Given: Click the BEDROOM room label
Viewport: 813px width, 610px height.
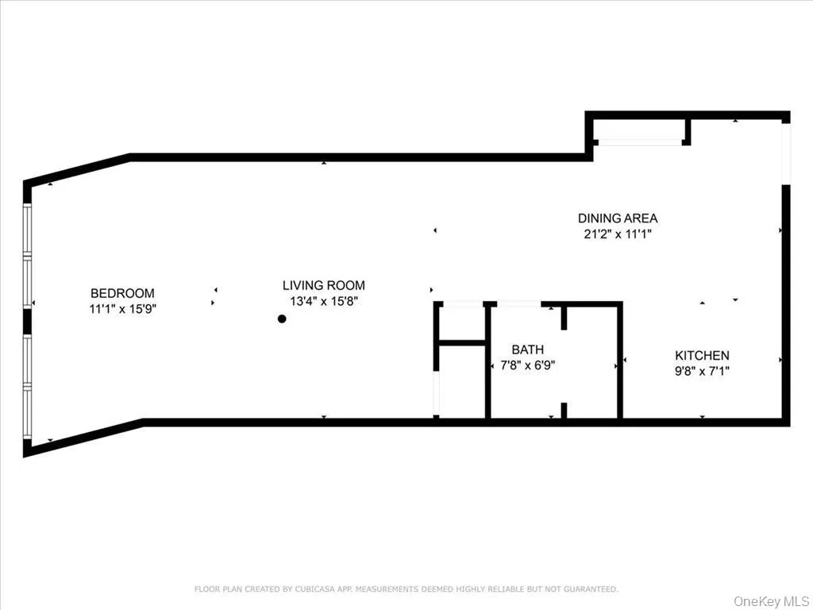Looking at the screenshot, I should tap(122, 293).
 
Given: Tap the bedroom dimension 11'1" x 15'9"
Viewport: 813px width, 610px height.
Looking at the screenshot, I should tap(122, 309).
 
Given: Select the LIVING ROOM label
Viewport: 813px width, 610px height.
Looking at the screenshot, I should tap(324, 285).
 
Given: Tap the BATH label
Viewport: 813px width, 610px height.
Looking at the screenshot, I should tap(527, 349).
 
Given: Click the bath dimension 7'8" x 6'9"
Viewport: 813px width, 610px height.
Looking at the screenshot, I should tap(527, 365).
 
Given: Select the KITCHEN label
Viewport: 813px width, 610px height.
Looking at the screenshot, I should tap(702, 356).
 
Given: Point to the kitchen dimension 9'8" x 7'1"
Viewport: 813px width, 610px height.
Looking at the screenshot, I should tap(702, 371).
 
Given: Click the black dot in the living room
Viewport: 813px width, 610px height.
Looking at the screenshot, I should tap(281, 319).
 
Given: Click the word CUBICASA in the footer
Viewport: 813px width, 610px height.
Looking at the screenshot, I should tap(309, 589).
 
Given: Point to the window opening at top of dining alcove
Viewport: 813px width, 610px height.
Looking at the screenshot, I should tap(638, 142).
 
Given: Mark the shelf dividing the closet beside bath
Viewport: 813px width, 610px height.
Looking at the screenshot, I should tap(461, 343).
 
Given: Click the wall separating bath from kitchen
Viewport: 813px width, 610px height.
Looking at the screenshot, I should tap(620, 361).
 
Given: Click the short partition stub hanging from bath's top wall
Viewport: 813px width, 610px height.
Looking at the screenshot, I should tap(564, 317).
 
